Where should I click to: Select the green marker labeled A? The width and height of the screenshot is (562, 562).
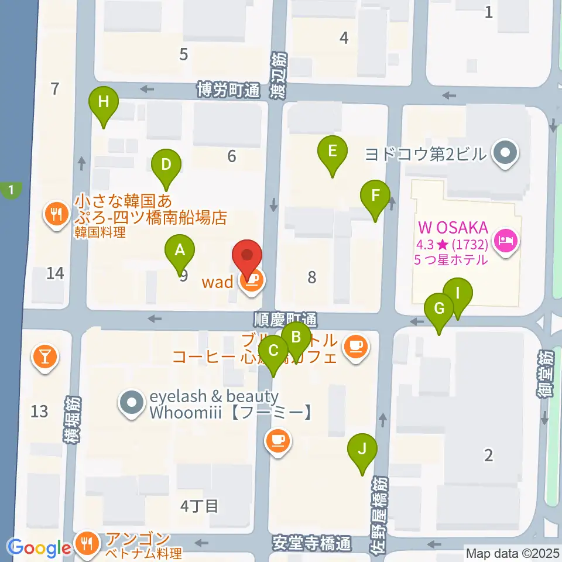click(x=180, y=252)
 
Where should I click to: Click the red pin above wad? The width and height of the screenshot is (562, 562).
click(x=247, y=258)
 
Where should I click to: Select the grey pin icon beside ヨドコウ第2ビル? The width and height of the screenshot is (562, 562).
click(x=503, y=155)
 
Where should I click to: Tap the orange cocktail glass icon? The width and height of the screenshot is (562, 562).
click(x=45, y=355)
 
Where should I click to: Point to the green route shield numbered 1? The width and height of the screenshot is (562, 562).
click(x=11, y=189)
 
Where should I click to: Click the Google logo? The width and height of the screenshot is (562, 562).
click(x=40, y=548)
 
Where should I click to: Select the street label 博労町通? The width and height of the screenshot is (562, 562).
click(x=228, y=90)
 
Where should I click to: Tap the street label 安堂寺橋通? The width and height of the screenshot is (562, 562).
click(x=312, y=543)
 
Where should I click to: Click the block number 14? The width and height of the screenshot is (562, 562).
click(x=55, y=273)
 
